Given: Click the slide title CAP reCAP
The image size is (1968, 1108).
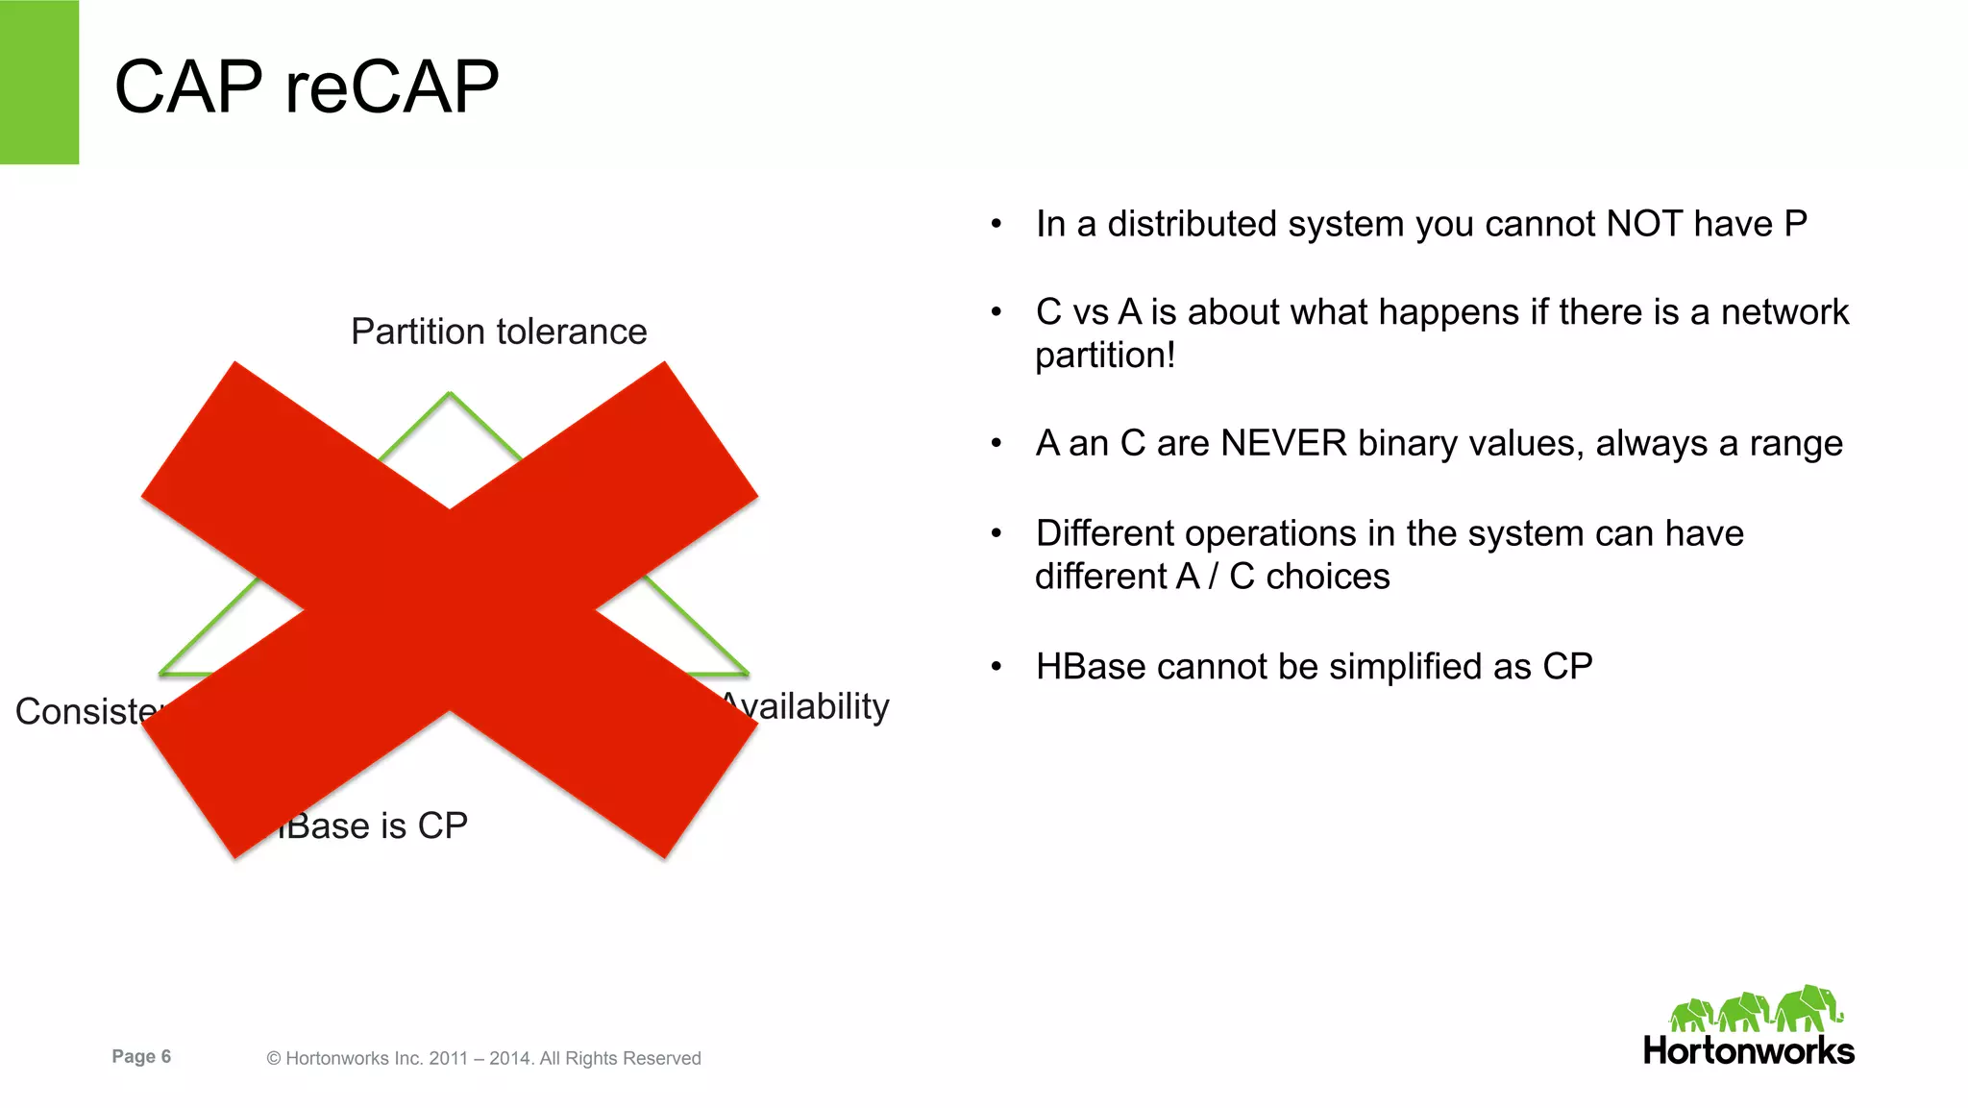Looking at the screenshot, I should [306, 86].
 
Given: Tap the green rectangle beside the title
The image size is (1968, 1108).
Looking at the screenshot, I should [38, 82].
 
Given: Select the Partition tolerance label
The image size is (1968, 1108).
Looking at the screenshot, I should [499, 332].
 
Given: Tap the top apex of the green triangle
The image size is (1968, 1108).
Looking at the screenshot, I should [450, 395].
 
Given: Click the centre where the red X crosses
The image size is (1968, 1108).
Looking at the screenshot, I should [450, 609].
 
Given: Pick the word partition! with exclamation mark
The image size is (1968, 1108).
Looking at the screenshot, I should [1105, 356].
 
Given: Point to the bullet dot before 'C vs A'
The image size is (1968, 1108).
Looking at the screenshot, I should [996, 312].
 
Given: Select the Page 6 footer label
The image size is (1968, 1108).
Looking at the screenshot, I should [141, 1056].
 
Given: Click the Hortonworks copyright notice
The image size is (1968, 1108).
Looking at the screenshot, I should [483, 1058].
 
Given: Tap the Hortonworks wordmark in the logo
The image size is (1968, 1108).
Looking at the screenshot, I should [1748, 1050].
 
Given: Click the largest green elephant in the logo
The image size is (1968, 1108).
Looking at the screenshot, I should [1808, 1008].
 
